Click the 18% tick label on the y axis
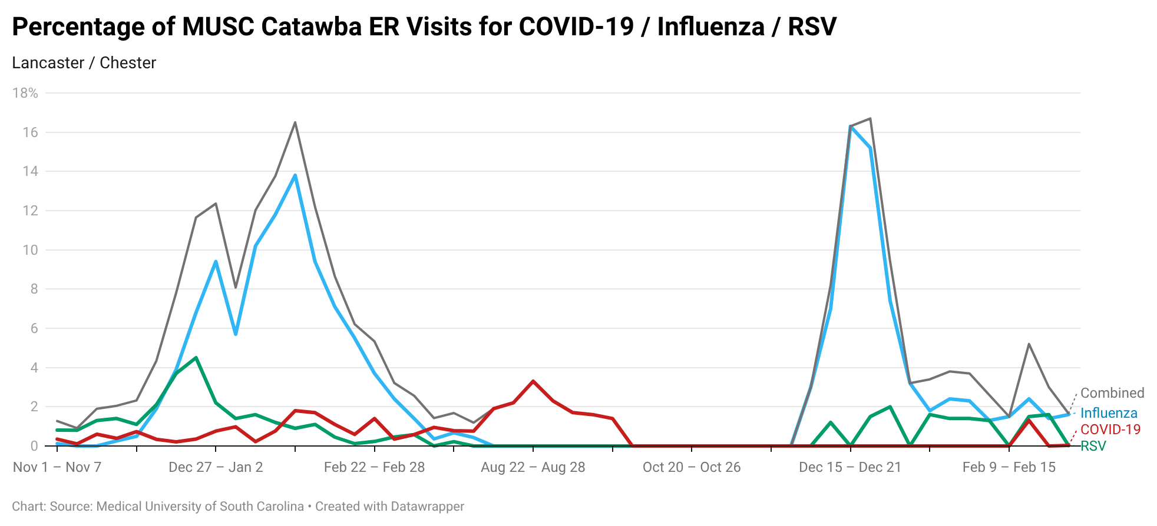(25, 93)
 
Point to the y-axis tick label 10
(30, 250)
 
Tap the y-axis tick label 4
(34, 368)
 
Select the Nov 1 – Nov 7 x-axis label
(57, 467)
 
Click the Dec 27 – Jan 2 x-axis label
(216, 467)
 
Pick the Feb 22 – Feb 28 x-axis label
(374, 467)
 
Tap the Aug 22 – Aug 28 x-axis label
(533, 467)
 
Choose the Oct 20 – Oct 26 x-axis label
(692, 467)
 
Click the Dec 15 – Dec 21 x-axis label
(850, 467)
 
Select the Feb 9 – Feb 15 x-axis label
(1009, 467)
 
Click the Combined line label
(1112, 393)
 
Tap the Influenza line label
(1108, 413)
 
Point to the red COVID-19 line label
(1110, 430)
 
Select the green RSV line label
(1093, 446)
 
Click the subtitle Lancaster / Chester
(84, 63)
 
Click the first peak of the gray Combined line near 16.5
(295, 122)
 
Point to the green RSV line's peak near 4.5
(196, 357)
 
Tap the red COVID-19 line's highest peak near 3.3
(533, 381)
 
